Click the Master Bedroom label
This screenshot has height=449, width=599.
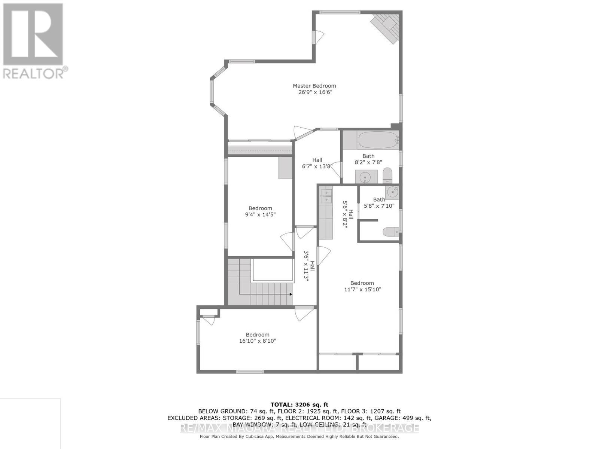click(x=314, y=86)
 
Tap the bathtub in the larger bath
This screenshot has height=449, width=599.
click(x=377, y=140)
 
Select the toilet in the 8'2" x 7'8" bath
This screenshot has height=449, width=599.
click(x=387, y=175)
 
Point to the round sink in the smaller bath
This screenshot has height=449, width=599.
click(x=392, y=192)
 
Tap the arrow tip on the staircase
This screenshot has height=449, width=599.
click(x=291, y=294)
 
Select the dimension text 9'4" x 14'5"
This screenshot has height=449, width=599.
click(x=260, y=215)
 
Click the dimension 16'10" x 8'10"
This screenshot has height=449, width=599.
click(x=258, y=341)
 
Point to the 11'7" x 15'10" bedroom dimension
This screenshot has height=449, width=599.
click(x=362, y=289)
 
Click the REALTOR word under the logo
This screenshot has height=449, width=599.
click(x=34, y=73)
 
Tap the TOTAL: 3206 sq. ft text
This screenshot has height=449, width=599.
click(x=299, y=404)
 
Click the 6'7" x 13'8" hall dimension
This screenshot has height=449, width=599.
click(x=317, y=167)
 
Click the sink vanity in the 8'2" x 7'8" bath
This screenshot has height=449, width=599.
click(x=366, y=176)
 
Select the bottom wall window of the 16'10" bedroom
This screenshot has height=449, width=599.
click(x=250, y=372)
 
